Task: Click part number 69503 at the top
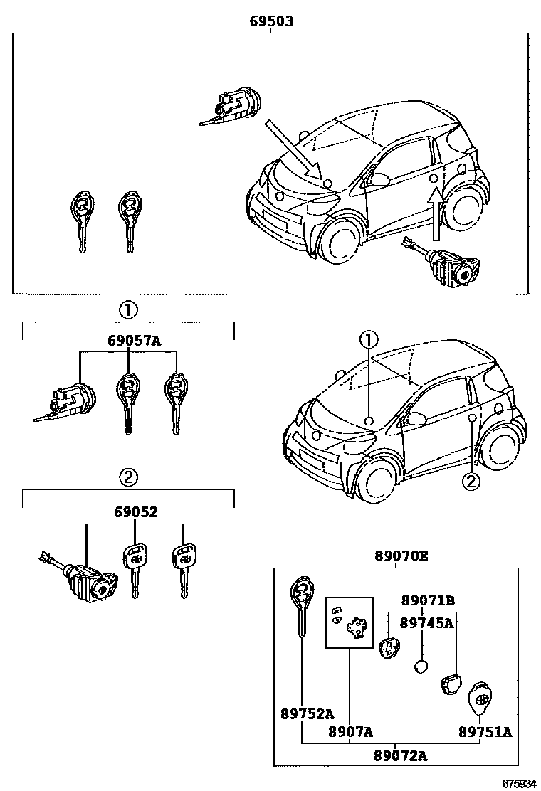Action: (270, 22)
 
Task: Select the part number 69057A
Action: (135, 340)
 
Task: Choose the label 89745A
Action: (426, 623)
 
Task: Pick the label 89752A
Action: (306, 713)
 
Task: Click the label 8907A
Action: (351, 731)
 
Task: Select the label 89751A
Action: (485, 731)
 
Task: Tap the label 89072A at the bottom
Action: (401, 755)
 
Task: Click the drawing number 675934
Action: (518, 783)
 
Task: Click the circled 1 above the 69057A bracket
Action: (128, 310)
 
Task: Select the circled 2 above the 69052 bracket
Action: (128, 478)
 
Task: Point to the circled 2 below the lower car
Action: (471, 482)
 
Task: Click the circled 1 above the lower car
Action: (369, 339)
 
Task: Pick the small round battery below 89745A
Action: (421, 667)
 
